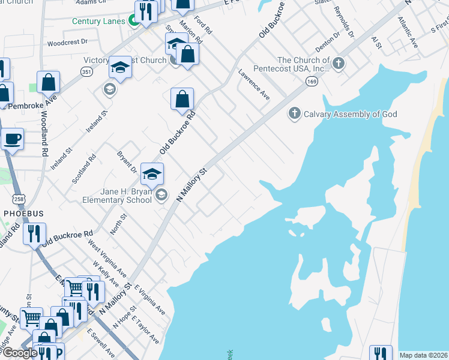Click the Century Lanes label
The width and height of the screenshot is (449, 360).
click(x=98, y=21)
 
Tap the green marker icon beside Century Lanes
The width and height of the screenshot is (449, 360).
click(x=133, y=22)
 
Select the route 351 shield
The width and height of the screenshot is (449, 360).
click(x=86, y=71)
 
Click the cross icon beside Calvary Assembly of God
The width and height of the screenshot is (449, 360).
click(x=295, y=113)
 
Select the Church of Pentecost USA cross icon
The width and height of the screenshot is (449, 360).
click(x=339, y=63)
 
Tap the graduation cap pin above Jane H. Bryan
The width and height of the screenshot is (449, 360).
click(x=152, y=175)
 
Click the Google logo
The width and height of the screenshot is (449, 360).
click(x=20, y=353)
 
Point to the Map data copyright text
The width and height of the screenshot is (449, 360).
click(x=423, y=355)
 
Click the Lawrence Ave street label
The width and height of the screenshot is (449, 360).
click(x=254, y=88)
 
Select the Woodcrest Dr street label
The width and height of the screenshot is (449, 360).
click(x=67, y=43)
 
